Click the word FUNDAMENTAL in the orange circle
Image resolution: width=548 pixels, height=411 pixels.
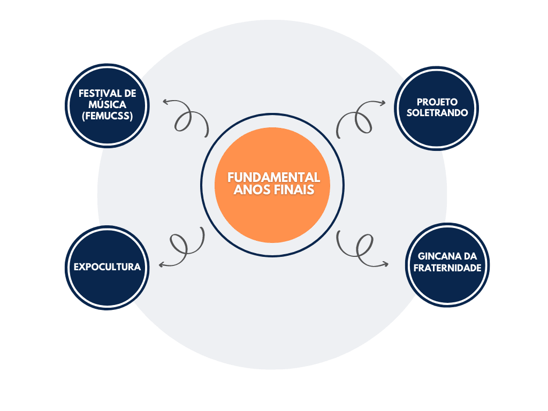tap(273, 177)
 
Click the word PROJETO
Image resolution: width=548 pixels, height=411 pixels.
tap(437, 102)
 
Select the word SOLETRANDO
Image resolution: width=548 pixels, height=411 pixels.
tap(437, 112)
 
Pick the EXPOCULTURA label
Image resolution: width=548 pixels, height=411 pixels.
tap(108, 267)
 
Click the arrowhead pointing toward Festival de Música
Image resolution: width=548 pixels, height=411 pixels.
tap(165, 101)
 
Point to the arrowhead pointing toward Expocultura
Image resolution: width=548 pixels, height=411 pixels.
tap(161, 264)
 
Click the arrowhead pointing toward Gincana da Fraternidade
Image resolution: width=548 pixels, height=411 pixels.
tap(386, 263)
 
